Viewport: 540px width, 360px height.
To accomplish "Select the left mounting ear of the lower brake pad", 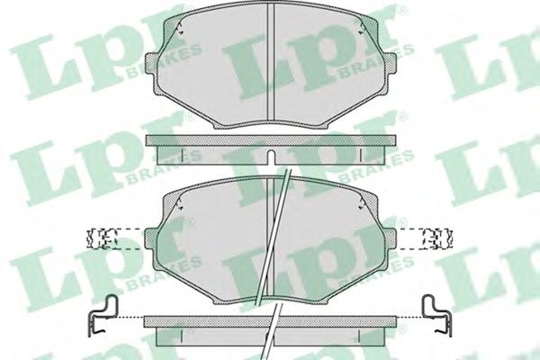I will (x=154, y=238).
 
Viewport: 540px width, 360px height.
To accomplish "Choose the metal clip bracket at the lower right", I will (x=438, y=310).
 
